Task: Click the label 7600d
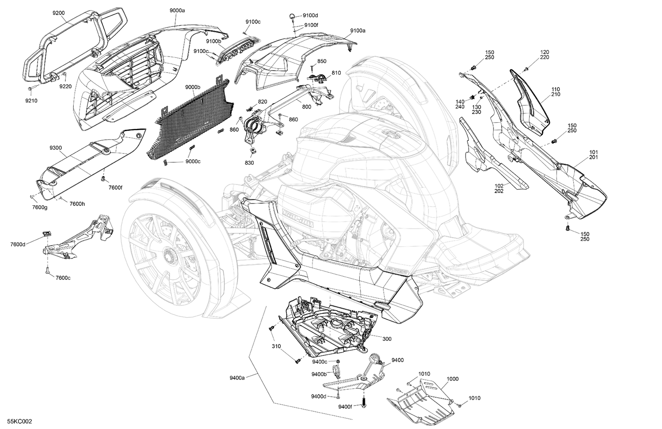pyautogui.click(x=19, y=244)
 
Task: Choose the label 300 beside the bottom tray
pyautogui.click(x=387, y=339)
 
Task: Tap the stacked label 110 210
pyautogui.click(x=556, y=92)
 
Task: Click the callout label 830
pyautogui.click(x=249, y=163)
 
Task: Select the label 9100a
pyautogui.click(x=358, y=30)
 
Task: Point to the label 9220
pyautogui.click(x=66, y=86)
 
